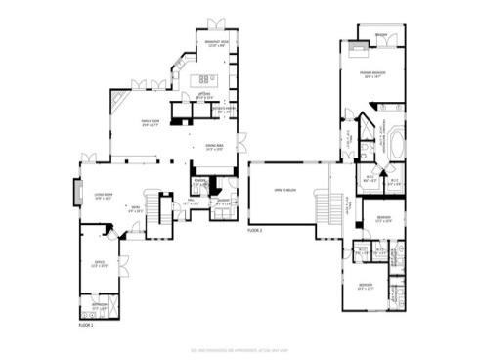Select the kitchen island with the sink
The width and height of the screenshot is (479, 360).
208,79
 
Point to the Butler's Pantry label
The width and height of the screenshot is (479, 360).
224,110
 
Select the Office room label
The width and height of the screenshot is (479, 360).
99,264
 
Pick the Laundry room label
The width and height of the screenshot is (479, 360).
224,202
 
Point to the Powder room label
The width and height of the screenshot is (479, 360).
200,182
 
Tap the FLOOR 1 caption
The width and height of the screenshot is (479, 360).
86,325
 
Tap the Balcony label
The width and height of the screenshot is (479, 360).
380,34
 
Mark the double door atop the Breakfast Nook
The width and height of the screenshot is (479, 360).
215,25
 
